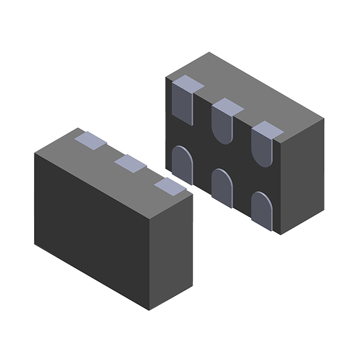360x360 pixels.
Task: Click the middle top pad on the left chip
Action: pos(130,163)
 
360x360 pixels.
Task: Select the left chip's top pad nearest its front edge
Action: pos(170,186)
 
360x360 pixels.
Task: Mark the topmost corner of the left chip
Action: pos(77,128)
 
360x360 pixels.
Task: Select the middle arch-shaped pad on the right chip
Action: pos(221,187)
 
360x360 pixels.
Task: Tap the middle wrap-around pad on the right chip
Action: pos(224,120)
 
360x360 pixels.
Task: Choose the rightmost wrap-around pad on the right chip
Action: pos(263,143)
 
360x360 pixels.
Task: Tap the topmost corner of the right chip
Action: pos(209,52)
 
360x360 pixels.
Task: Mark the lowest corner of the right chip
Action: pos(280,234)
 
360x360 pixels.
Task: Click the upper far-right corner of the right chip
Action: pos(325,120)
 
